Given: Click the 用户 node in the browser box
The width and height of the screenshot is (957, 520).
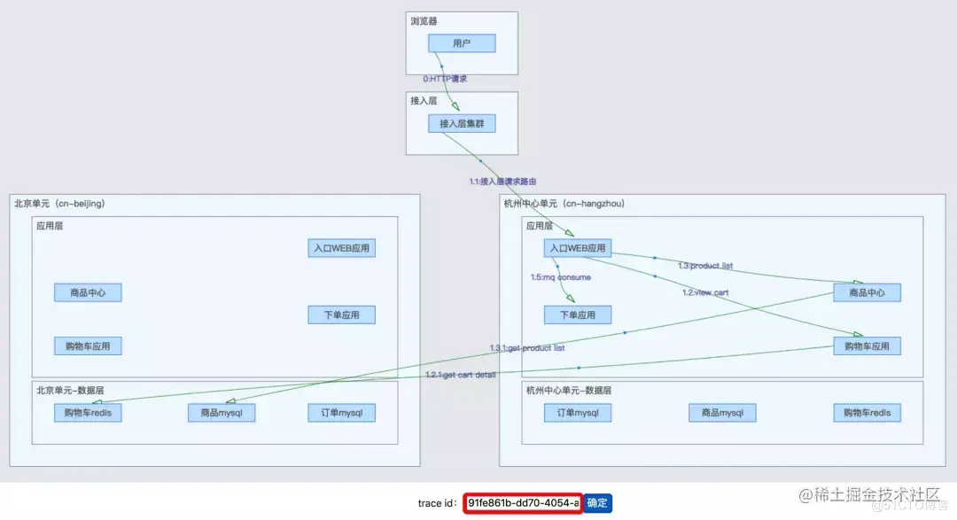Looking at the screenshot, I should [462, 43].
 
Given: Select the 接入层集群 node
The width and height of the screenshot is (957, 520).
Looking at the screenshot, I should [462, 124].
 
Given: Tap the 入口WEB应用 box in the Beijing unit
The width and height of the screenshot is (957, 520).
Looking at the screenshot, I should [342, 248].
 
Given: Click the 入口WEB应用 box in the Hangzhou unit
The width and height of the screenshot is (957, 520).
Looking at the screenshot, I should [578, 248].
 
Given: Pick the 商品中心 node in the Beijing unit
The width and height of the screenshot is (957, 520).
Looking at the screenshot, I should [88, 292].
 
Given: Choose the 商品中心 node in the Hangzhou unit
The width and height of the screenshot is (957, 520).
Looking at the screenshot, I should [867, 292].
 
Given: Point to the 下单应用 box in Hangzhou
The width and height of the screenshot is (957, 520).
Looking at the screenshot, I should [578, 314].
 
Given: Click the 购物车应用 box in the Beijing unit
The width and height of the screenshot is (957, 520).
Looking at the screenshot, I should [88, 345].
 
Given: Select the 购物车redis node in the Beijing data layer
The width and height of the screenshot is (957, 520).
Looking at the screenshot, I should [88, 412].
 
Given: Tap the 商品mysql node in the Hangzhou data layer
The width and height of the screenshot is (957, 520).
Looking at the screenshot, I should [722, 412].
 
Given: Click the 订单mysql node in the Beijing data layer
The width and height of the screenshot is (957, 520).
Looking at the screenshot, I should [342, 412].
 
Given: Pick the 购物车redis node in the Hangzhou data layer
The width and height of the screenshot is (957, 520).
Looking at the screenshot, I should [867, 412].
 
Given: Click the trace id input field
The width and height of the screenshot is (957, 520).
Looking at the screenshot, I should [523, 503].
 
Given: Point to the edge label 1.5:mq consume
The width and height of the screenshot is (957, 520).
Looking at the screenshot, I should [561, 277].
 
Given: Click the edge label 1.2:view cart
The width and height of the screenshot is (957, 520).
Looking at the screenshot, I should [705, 292].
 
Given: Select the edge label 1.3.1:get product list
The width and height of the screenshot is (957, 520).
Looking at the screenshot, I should [527, 347].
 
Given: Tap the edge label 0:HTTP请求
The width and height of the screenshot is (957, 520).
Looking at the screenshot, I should [445, 79].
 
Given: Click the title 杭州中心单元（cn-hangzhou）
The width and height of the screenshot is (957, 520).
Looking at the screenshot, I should [564, 204].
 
